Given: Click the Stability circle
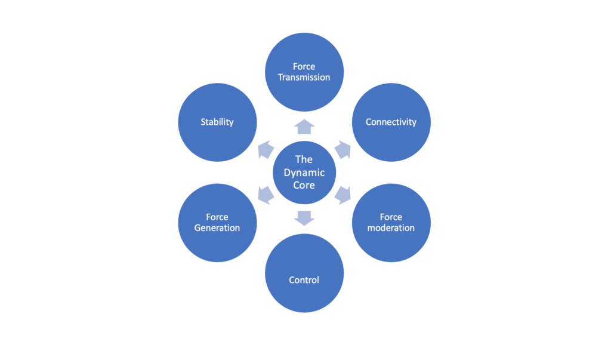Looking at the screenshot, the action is pyautogui.click(x=217, y=122).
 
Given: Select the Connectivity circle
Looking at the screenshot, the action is pyautogui.click(x=391, y=122).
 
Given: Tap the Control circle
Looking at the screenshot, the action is pyautogui.click(x=304, y=273).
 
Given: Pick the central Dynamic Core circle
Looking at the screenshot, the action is pyautogui.click(x=304, y=173).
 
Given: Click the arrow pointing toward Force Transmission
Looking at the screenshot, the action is pyautogui.click(x=304, y=127).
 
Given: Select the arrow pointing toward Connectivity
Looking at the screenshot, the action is pyautogui.click(x=343, y=150).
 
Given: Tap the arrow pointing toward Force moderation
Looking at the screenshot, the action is pyautogui.click(x=343, y=195).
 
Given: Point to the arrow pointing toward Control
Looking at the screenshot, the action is pyautogui.click(x=304, y=218).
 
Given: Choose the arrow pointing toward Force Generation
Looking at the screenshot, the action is pyautogui.click(x=266, y=195).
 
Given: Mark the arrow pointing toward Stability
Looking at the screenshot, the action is pyautogui.click(x=266, y=150).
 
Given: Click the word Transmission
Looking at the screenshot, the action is pyautogui.click(x=304, y=77).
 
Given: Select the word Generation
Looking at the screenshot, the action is pyautogui.click(x=217, y=228).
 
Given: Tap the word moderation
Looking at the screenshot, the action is pyautogui.click(x=391, y=228).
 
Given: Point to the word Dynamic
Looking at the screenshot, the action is pyautogui.click(x=304, y=173).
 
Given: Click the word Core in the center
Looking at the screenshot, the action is pyautogui.click(x=304, y=185).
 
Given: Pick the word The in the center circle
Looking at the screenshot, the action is pyautogui.click(x=304, y=159).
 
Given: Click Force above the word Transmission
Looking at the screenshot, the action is pyautogui.click(x=304, y=67).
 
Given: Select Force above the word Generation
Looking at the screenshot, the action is pyautogui.click(x=217, y=217).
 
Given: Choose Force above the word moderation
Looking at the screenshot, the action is pyautogui.click(x=391, y=217).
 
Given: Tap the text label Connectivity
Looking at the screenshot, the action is pyautogui.click(x=391, y=122).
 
